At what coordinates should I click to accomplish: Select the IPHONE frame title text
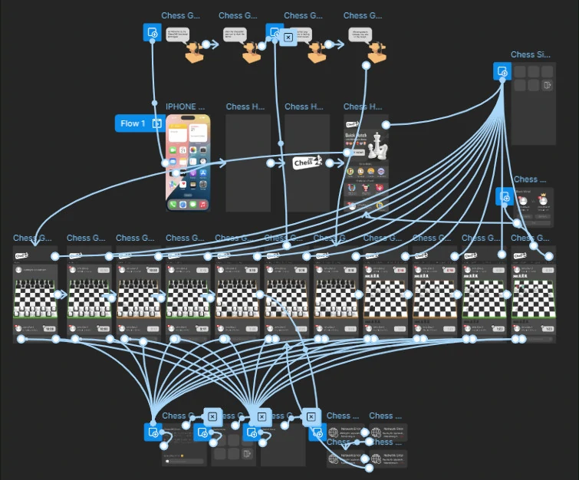click(x=186, y=107)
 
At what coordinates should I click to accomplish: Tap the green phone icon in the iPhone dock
click(x=173, y=205)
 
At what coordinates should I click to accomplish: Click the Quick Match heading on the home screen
click(x=356, y=135)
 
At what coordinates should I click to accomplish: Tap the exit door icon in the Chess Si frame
click(x=547, y=85)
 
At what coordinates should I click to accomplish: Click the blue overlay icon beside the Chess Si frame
click(x=502, y=72)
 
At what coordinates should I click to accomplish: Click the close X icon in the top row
click(x=288, y=36)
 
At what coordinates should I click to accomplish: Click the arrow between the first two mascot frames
click(x=214, y=44)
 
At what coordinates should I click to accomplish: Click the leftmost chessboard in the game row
click(x=35, y=295)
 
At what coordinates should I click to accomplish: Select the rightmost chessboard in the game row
click(x=531, y=296)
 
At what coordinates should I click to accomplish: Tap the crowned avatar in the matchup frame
click(x=523, y=201)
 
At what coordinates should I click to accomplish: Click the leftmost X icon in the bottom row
click(x=212, y=416)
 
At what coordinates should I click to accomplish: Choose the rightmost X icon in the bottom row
click(x=311, y=416)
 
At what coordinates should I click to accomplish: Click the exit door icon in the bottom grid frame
click(x=246, y=454)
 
